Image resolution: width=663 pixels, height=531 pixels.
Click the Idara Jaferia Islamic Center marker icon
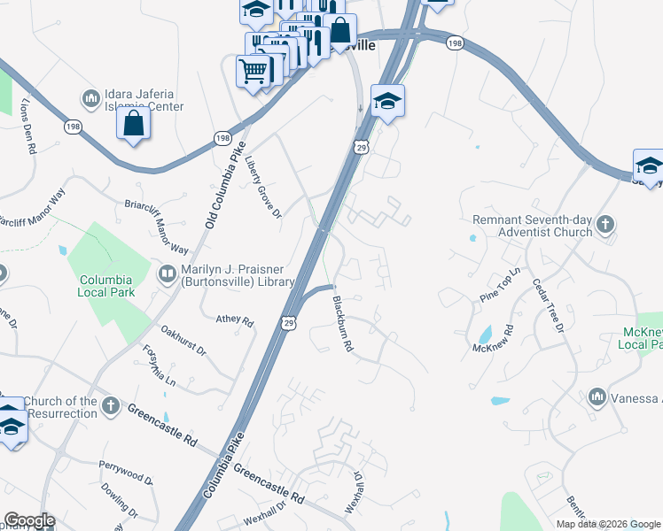pyautogui.click(x=90, y=96)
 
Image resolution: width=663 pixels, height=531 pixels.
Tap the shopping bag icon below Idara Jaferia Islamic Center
pyautogui.click(x=133, y=124)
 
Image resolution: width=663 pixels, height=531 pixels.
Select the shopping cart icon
pyautogui.click(x=253, y=71)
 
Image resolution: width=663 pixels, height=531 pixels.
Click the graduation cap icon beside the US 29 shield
pyautogui.click(x=387, y=101)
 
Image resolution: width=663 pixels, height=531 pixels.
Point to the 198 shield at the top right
pyautogui.click(x=455, y=42)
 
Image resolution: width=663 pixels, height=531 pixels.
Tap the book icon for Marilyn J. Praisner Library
pyautogui.click(x=167, y=274)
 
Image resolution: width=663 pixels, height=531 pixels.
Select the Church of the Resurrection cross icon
pyautogui.click(x=110, y=405)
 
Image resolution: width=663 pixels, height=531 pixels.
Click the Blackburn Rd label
pyautogui.click(x=342, y=325)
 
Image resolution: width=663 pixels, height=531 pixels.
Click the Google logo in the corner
pyautogui.click(x=28, y=520)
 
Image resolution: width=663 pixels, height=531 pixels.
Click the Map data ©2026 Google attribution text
pyautogui.click(x=608, y=524)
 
